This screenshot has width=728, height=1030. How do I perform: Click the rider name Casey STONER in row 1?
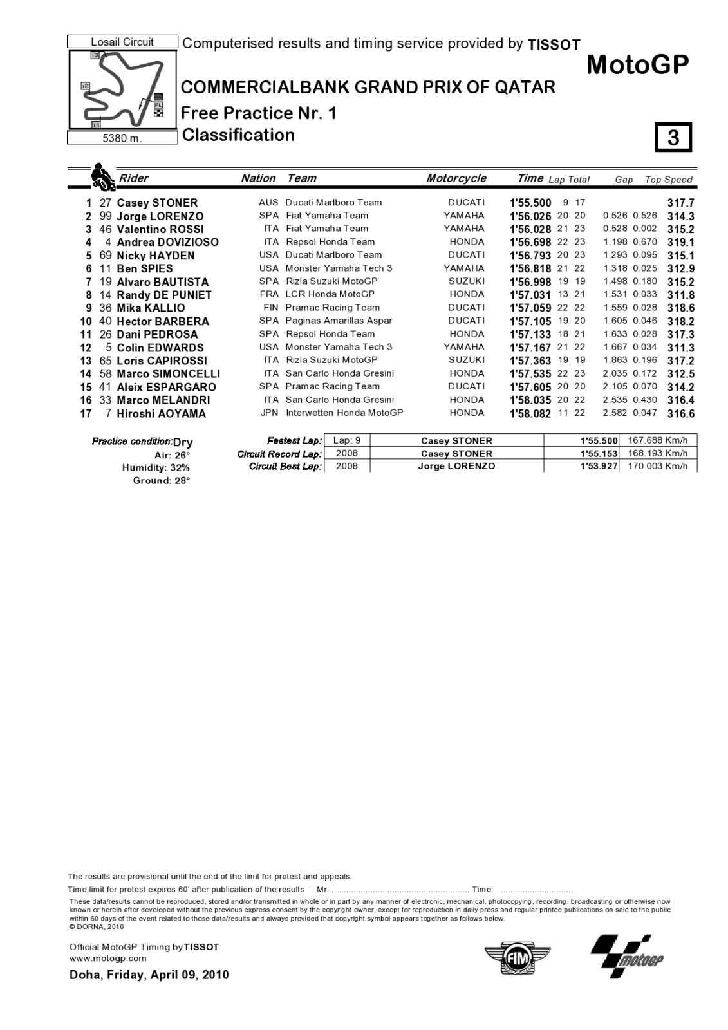(157, 203)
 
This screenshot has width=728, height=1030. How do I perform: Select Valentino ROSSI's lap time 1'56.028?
(530, 229)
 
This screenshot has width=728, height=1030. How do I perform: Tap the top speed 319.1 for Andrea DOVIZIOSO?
(680, 243)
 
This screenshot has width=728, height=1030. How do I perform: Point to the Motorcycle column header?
(456, 178)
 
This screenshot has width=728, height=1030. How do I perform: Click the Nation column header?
(258, 178)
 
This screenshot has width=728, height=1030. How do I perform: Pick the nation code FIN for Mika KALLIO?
(271, 308)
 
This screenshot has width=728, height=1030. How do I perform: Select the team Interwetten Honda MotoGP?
(344, 413)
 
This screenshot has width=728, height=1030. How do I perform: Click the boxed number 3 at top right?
(673, 137)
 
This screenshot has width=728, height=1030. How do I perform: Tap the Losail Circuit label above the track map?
(122, 42)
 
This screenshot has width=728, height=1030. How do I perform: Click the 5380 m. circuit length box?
(122, 138)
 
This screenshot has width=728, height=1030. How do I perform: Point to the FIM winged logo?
(518, 959)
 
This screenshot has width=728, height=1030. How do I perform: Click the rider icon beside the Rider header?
(102, 177)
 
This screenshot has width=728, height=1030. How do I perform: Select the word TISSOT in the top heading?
(554, 45)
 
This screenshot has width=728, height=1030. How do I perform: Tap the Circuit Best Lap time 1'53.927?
(599, 466)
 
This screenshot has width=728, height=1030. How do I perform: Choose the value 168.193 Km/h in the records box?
(658, 453)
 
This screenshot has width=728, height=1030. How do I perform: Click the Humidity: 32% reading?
(157, 467)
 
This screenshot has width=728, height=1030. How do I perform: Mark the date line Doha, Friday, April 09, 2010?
(149, 975)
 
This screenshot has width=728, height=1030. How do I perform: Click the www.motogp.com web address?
(108, 958)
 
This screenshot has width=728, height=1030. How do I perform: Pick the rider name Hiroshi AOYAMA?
(161, 413)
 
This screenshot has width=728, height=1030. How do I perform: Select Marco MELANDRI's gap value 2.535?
(615, 400)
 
